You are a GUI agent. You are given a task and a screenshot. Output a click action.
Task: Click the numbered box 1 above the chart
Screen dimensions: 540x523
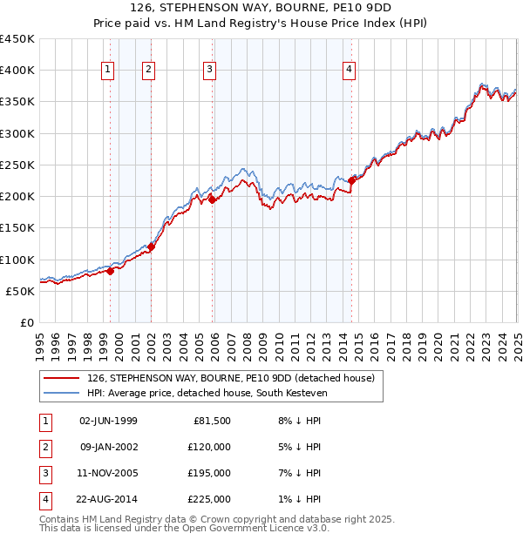(x=107, y=71)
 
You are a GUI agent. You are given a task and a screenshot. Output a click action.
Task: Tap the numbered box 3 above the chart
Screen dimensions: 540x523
(x=210, y=71)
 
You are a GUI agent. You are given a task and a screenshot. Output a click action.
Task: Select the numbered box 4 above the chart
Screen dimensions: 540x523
(x=349, y=71)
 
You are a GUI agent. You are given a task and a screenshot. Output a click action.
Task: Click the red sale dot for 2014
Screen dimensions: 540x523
(x=352, y=180)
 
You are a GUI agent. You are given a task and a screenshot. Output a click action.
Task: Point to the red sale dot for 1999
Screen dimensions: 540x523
(x=111, y=271)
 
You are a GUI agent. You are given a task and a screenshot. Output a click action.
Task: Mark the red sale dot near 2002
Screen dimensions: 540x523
(x=151, y=246)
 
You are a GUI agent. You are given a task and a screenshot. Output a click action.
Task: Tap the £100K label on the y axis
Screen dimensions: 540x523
(x=17, y=260)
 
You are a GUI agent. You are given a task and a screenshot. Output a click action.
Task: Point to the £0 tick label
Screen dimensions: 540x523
(x=27, y=322)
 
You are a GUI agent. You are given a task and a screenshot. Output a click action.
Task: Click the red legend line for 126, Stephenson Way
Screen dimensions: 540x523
(x=60, y=378)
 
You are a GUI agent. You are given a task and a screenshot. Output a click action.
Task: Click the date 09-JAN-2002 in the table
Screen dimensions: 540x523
(x=108, y=448)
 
